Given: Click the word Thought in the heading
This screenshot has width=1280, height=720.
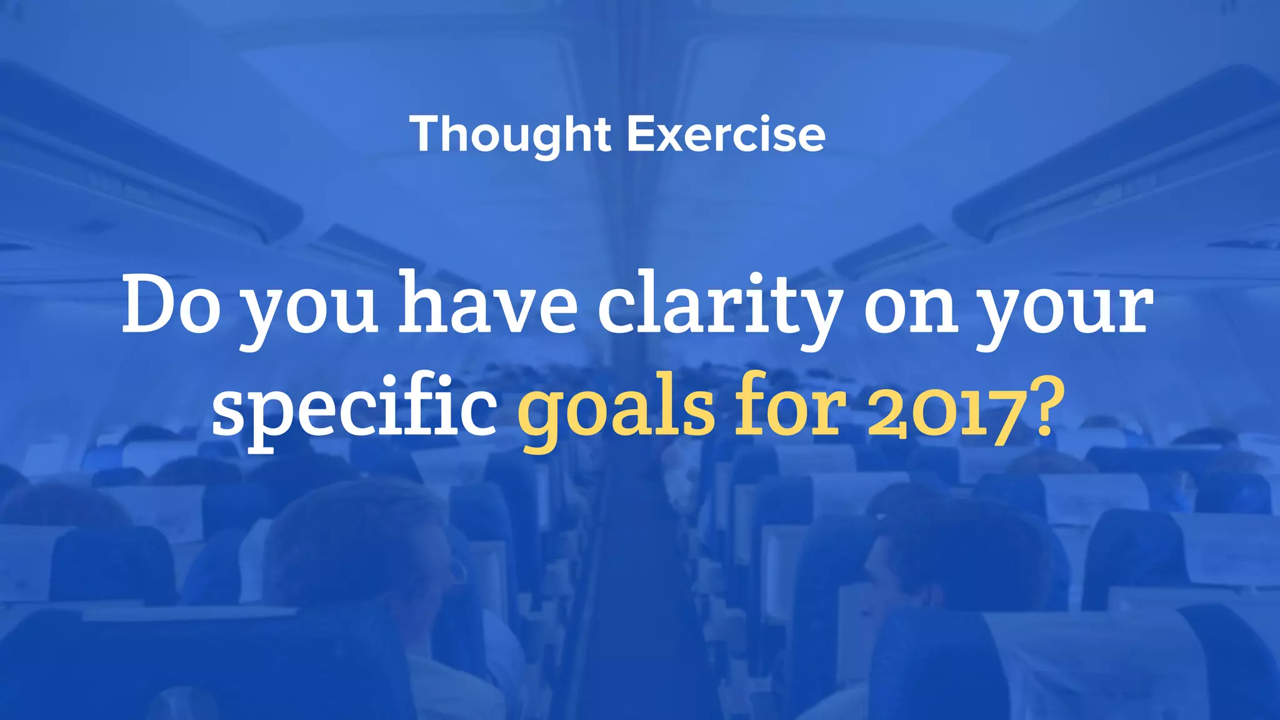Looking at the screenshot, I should coord(510,134).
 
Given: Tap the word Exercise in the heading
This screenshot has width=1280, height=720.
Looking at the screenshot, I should coord(726,134).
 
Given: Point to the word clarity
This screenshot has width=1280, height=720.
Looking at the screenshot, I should coord(719,306).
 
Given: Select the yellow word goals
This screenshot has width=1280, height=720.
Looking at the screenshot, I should coord(616,412).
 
